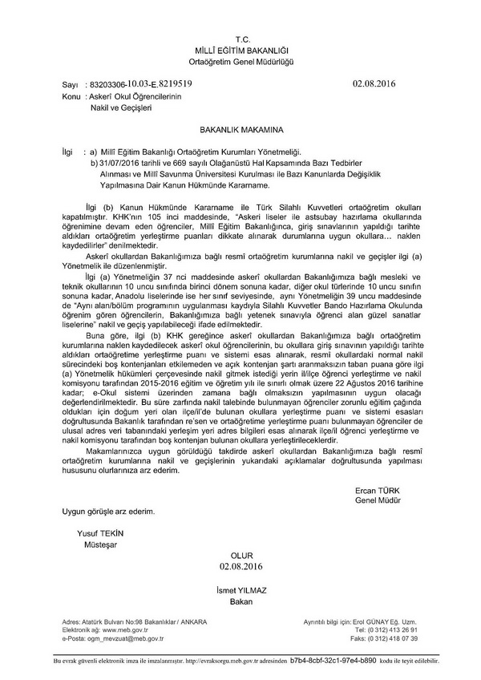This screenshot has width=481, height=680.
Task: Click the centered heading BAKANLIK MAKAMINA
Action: tap(241, 127)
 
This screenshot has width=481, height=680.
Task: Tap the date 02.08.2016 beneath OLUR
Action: tap(240, 567)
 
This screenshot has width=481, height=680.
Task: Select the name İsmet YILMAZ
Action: tap(240, 589)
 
